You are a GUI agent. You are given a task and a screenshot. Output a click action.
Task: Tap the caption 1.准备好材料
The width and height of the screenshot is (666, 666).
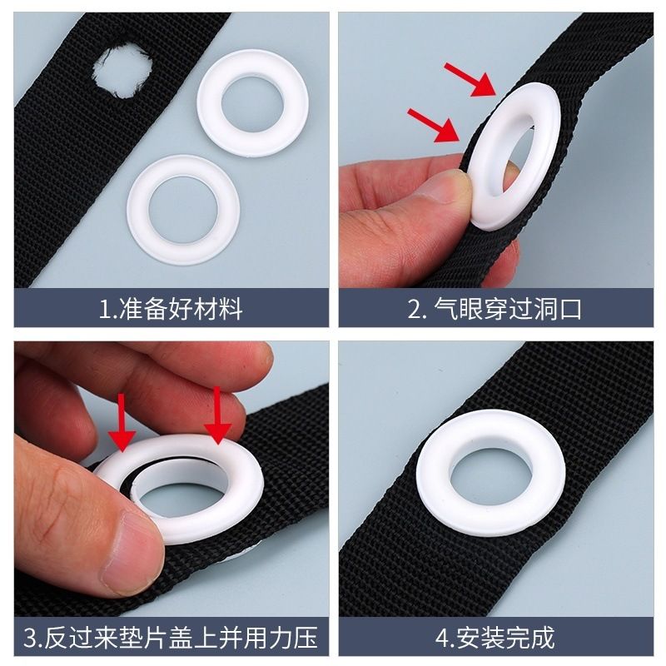pos(171,309)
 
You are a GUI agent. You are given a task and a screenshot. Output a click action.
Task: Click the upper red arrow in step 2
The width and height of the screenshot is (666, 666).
pos(470,79)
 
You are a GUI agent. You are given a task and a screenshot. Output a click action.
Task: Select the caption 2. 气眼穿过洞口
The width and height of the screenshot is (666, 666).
pos(495,309)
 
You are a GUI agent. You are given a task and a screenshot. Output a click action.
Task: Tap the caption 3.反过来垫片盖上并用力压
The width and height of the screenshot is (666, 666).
pos(171,638)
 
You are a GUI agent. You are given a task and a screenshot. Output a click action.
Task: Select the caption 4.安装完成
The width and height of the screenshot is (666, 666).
pos(495,638)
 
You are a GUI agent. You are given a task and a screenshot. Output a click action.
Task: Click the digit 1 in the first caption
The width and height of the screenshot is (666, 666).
pos(103,310)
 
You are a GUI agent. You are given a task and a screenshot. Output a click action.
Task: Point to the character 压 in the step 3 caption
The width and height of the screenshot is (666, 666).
pos(306,638)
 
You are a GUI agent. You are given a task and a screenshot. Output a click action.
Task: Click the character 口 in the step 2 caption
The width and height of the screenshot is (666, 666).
pos(569,309)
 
